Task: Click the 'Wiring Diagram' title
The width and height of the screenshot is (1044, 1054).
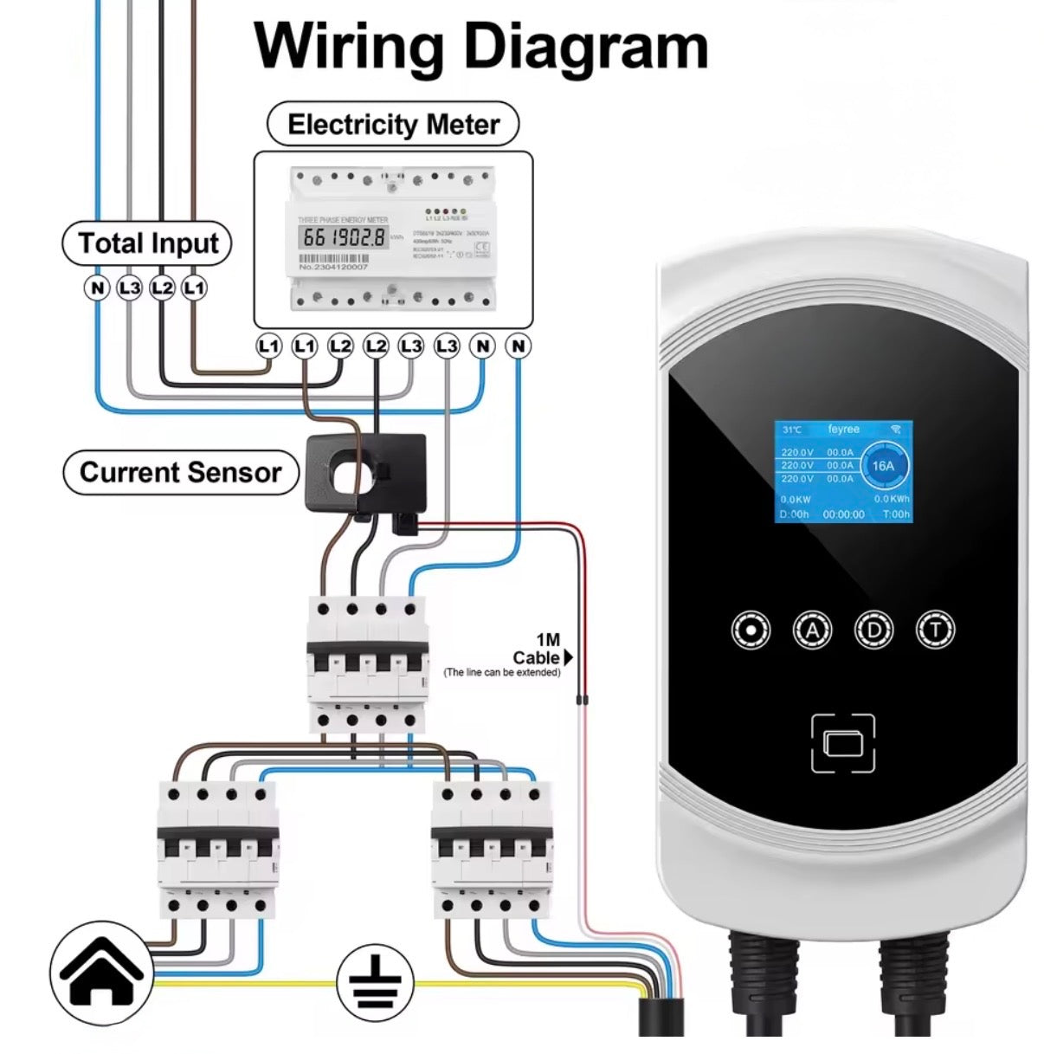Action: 480,46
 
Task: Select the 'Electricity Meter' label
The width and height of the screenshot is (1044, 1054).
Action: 393,125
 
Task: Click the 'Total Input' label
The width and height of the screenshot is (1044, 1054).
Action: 147,243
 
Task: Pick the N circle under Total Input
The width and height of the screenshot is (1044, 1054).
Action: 97,288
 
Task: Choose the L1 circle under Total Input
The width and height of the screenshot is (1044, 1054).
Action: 195,288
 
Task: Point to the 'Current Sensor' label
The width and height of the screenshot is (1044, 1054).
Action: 180,473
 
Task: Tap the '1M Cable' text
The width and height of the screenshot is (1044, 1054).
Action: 537,650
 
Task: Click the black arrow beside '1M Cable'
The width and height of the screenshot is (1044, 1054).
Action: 568,657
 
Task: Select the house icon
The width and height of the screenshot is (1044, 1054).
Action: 102,974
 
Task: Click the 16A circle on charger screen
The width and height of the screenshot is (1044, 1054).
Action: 882,466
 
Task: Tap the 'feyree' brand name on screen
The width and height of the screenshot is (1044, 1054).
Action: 843,430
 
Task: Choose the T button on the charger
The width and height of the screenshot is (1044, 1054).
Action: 935,630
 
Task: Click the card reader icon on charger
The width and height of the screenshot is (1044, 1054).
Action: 843,743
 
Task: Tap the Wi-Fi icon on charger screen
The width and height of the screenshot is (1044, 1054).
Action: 895,430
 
